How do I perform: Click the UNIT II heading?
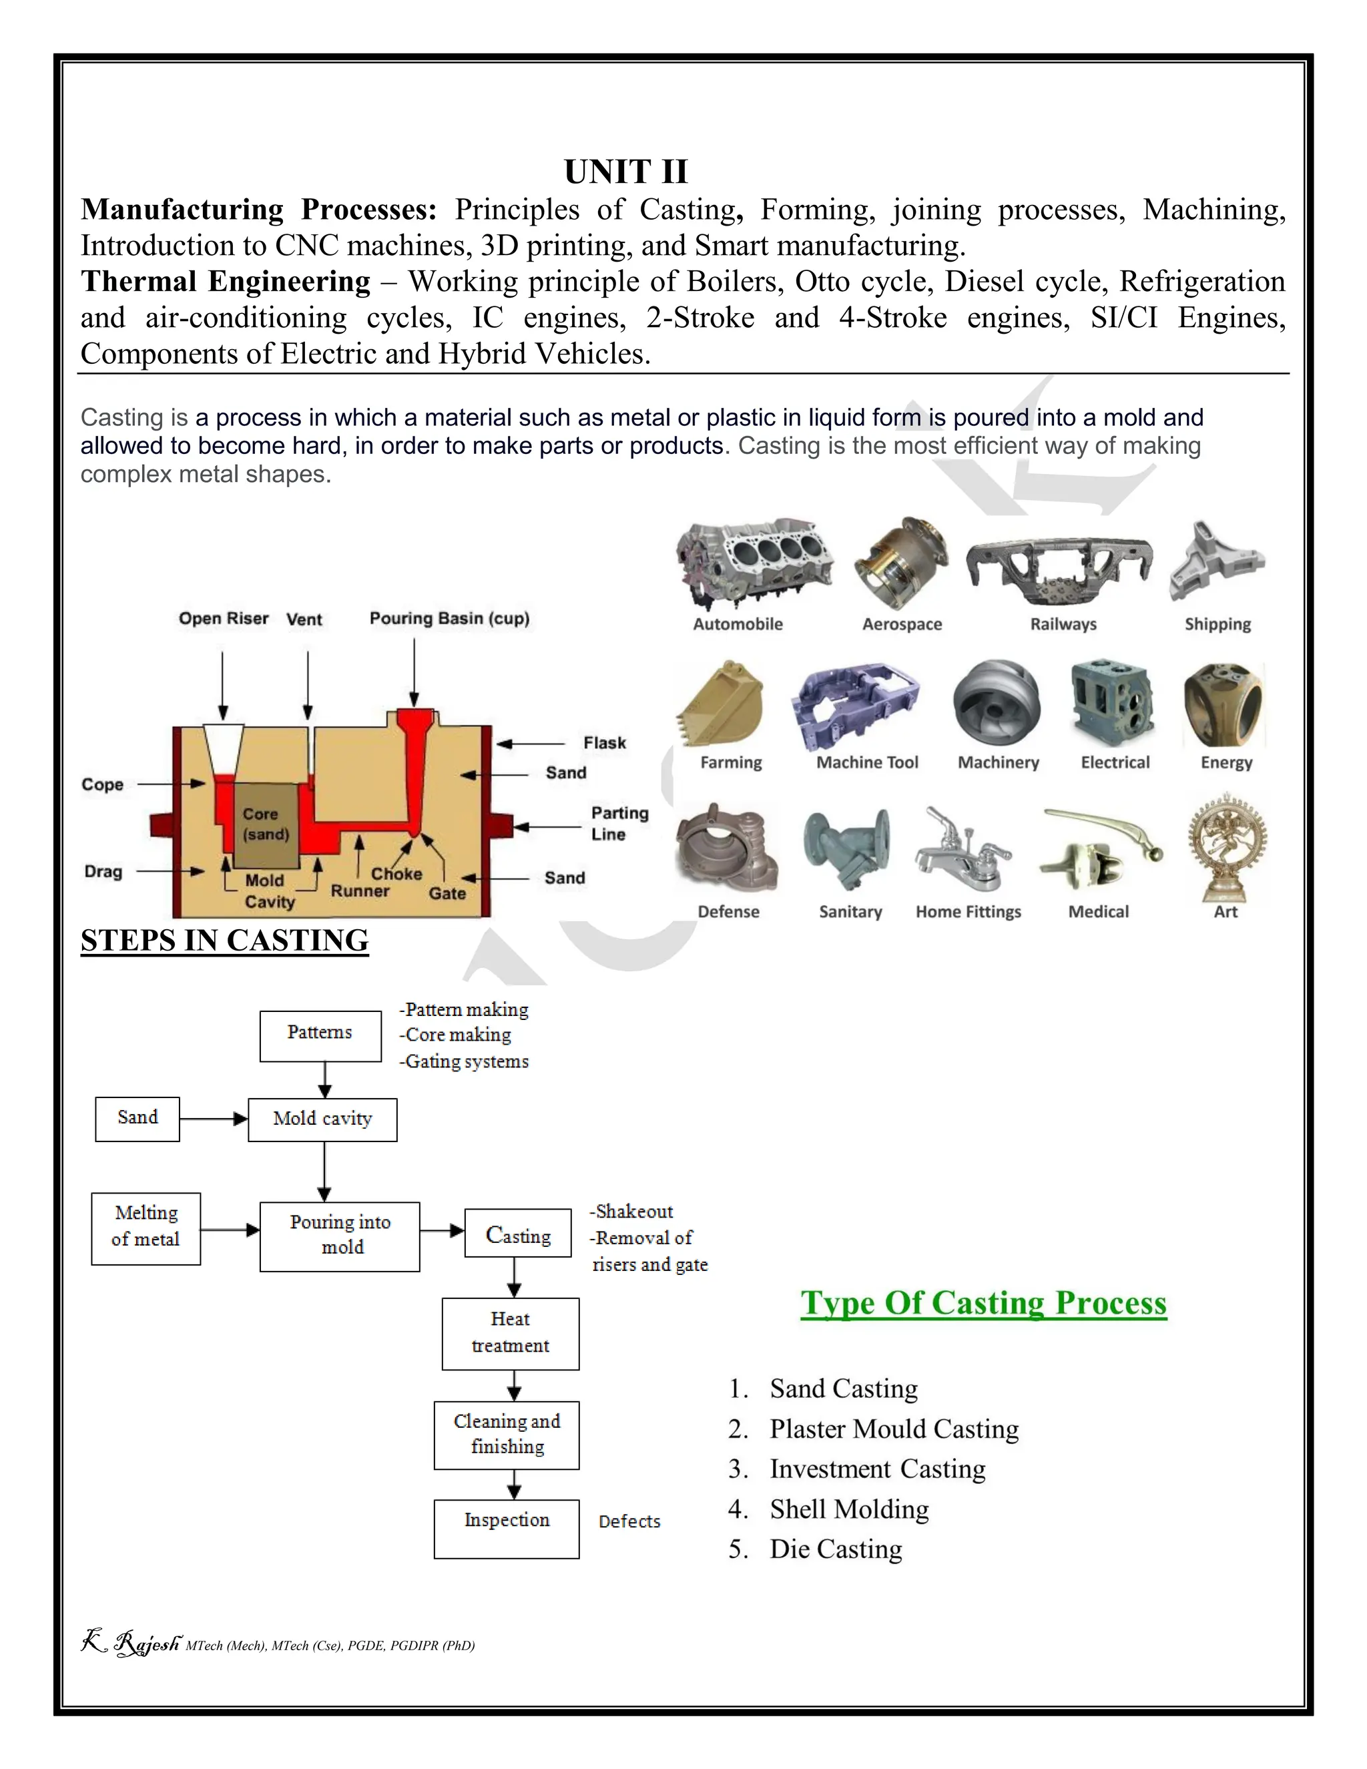(625, 172)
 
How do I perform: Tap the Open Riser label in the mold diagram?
(224, 619)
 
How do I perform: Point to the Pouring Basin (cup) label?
(449, 619)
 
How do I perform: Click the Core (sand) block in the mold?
(266, 824)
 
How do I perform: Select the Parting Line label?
(619, 823)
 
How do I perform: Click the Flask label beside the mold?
(604, 743)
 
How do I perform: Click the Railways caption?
(1063, 625)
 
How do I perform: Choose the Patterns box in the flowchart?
(320, 1035)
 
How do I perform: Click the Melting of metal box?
(146, 1228)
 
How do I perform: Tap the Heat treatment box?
(510, 1333)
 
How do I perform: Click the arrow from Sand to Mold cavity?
(213, 1119)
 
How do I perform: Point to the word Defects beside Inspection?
(629, 1521)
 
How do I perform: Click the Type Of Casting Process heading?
(983, 1302)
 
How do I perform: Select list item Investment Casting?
(877, 1469)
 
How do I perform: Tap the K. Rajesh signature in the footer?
(132, 1644)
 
